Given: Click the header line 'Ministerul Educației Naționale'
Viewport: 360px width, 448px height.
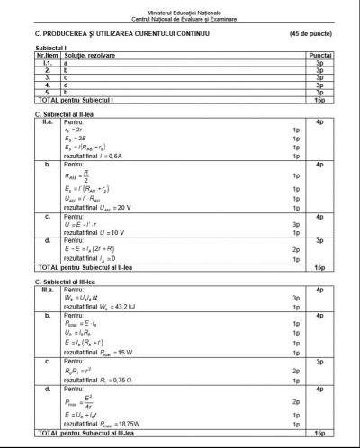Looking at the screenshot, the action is pos(179,6).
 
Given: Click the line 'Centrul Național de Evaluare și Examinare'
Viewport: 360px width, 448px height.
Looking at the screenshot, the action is pos(179,15).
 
